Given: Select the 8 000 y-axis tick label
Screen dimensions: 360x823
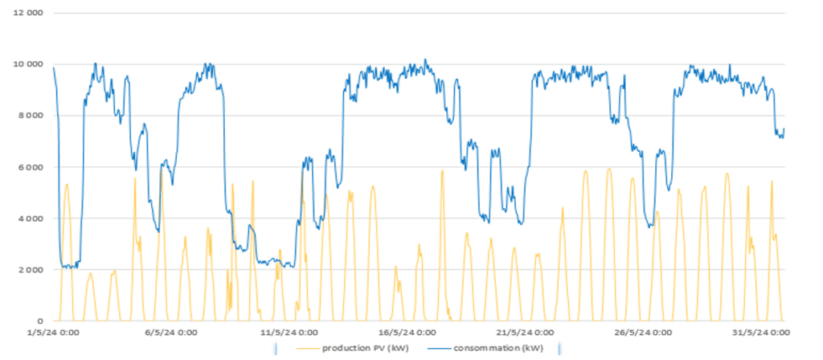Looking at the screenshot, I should click(30, 116).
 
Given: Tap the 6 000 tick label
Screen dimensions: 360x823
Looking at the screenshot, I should click(30, 167).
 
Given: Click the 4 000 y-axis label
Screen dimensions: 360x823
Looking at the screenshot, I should click(30, 219).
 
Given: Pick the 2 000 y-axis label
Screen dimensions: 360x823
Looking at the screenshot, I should click(30, 270).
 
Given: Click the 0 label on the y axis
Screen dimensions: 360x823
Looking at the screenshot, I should click(40, 321).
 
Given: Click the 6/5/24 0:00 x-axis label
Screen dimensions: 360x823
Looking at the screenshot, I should click(173, 333).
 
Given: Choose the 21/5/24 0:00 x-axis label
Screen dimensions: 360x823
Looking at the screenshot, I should click(526, 333).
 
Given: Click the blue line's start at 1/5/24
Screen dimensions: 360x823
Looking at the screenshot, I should click(54, 67).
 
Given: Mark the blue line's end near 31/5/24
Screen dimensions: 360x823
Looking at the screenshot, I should click(784, 129).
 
